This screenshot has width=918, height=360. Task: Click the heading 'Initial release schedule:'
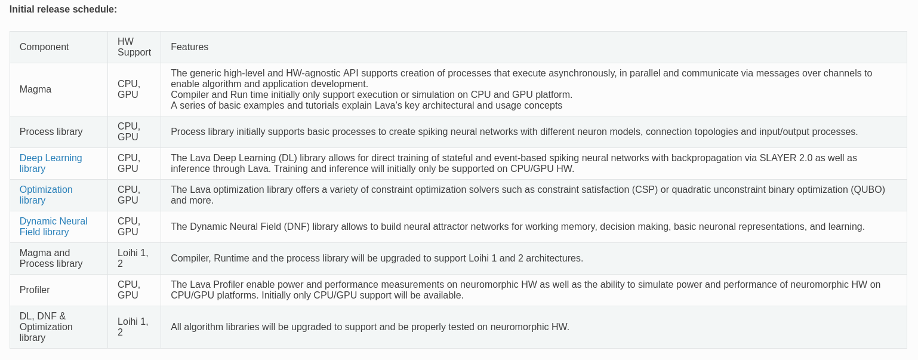tap(63, 10)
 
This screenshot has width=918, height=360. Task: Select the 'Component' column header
tap(44, 47)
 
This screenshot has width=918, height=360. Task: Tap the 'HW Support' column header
tap(134, 47)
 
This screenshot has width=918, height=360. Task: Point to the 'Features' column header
tap(189, 47)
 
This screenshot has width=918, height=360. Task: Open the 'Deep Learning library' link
tap(51, 163)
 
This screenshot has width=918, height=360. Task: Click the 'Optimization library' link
tap(46, 195)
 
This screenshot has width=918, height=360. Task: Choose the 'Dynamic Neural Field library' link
tap(53, 226)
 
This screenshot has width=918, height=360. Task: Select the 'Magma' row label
tap(35, 90)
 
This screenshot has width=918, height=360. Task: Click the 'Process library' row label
tap(51, 131)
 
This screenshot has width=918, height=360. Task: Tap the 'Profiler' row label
tap(35, 290)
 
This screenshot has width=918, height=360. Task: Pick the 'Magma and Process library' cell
tap(51, 258)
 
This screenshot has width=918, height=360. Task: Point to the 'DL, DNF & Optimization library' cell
tap(46, 327)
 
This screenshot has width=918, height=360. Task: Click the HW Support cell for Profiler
tap(129, 290)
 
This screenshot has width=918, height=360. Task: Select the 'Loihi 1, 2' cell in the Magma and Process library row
tap(133, 258)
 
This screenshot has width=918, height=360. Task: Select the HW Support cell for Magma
tap(129, 90)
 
